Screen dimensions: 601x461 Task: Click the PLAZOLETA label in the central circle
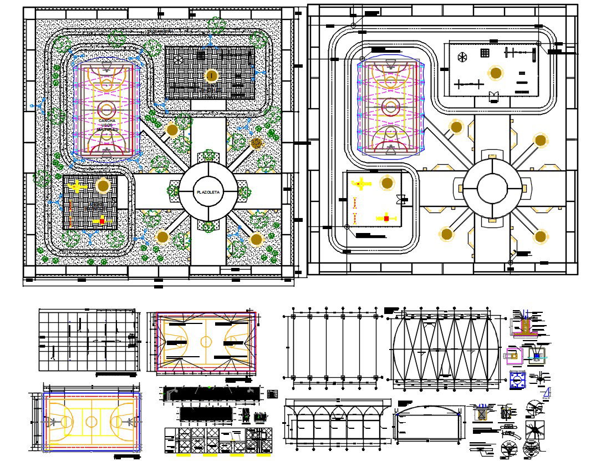(208, 192)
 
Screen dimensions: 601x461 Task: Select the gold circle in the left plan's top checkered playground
(211, 75)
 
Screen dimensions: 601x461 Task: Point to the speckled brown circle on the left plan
(256, 143)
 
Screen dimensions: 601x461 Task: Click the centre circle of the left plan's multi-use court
(105, 107)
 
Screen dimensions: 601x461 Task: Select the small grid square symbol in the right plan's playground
(485, 53)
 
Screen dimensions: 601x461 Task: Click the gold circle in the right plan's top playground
(495, 73)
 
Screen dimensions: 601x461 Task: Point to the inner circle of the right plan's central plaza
(492, 189)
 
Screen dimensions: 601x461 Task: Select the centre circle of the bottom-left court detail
(91, 422)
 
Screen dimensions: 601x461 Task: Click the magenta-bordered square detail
(515, 355)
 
